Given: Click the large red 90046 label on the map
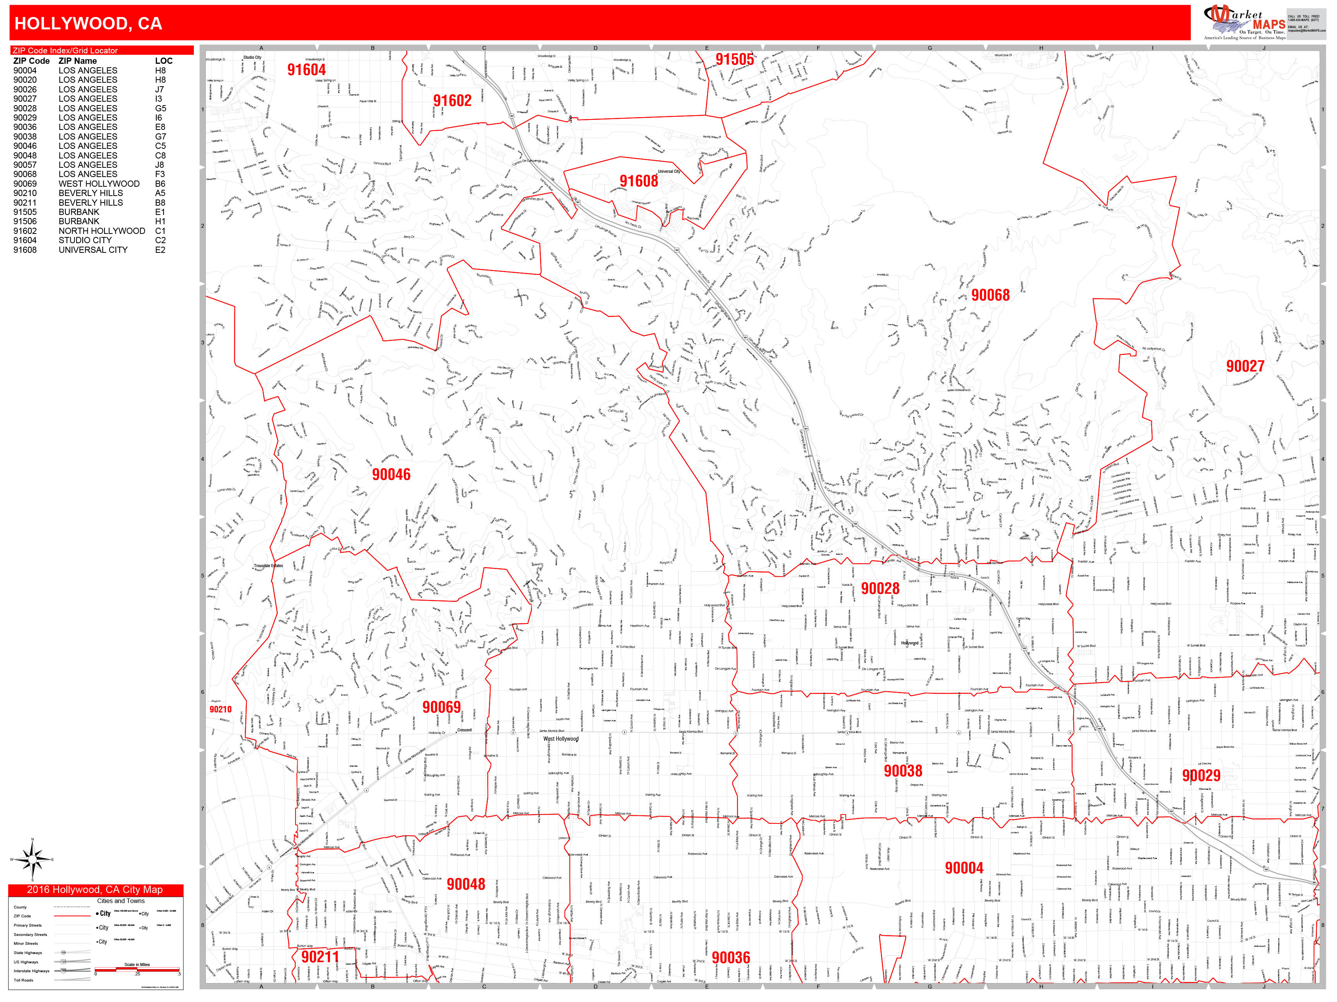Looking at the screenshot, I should tap(391, 475).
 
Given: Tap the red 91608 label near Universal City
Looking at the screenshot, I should tap(638, 181).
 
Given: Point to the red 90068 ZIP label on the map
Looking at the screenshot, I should tap(990, 295).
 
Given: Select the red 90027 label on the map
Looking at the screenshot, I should tap(1245, 366).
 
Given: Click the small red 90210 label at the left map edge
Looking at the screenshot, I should tap(220, 709).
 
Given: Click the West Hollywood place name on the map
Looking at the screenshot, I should tap(560, 739).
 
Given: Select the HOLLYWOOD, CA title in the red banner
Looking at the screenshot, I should tap(88, 24).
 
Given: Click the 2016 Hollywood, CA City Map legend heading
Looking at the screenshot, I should tap(95, 890).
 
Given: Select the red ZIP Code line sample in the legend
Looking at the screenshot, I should tap(72, 916).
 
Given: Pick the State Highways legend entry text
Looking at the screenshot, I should tap(28, 953).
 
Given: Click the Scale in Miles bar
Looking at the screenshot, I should tap(137, 970).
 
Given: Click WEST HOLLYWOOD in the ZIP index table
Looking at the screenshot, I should tap(99, 184).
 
